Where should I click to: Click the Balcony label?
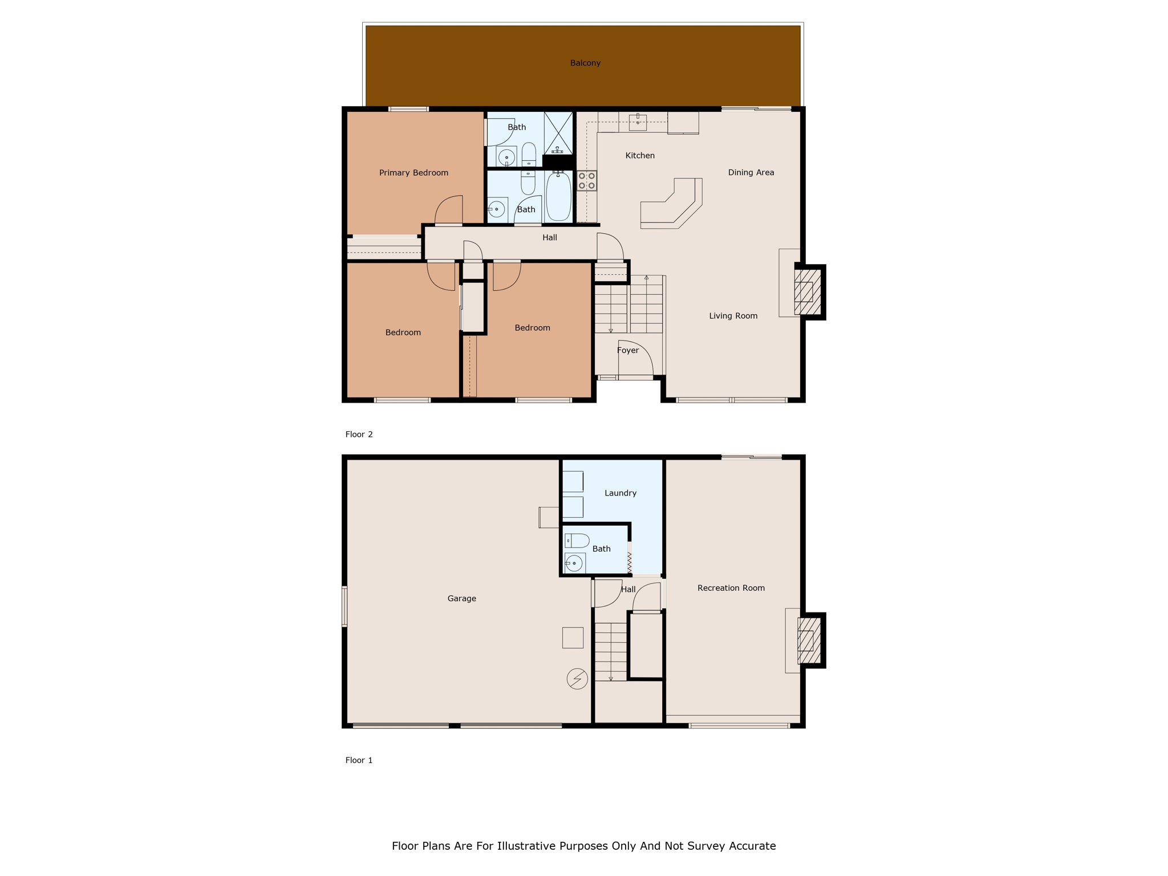click(585, 63)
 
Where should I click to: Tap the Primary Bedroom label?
click(413, 173)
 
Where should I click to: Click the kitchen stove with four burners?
click(587, 181)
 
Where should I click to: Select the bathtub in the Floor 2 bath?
click(558, 197)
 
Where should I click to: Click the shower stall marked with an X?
click(558, 133)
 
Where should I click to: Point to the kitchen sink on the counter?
click(638, 121)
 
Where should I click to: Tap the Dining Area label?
click(751, 173)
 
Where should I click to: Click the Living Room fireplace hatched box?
click(808, 292)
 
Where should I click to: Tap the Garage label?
click(461, 598)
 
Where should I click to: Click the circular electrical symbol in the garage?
click(577, 679)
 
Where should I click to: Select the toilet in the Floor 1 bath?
click(577, 541)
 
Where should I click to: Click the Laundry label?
click(620, 493)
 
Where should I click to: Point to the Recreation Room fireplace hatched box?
click(809, 640)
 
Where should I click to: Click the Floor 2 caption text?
click(359, 435)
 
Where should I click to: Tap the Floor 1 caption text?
click(359, 760)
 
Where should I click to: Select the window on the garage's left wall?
click(344, 606)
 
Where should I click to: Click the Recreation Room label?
click(731, 588)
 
